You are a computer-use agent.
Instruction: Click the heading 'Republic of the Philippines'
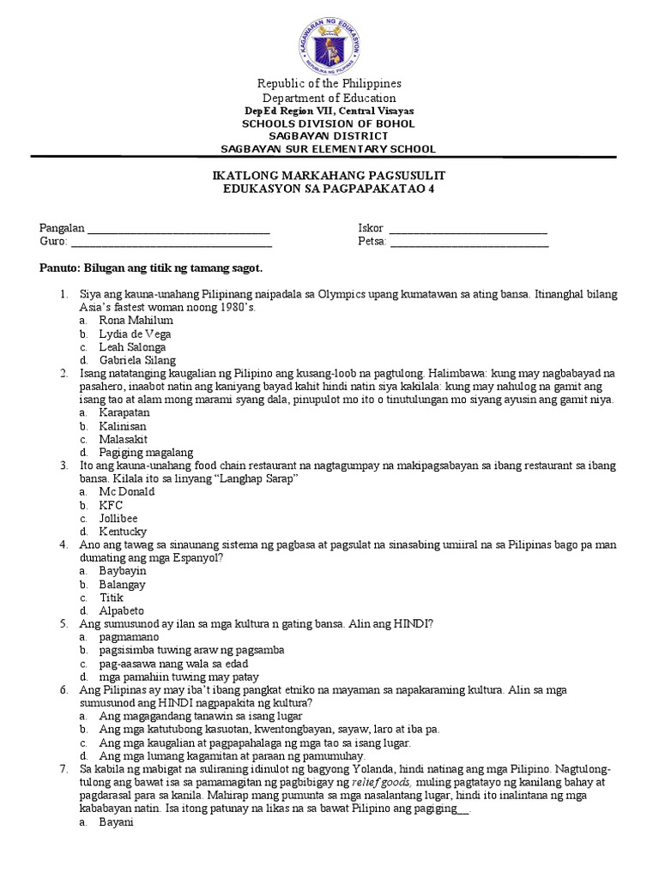tap(329, 83)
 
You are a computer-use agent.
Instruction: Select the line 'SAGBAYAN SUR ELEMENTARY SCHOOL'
tap(329, 148)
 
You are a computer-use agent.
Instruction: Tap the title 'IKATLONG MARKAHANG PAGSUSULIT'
tap(329, 175)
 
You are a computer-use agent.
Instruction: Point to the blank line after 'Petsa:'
tap(469, 243)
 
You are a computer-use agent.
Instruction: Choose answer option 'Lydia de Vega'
tap(135, 334)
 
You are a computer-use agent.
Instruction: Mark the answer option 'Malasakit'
tap(124, 439)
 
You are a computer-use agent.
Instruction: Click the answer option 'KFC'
tap(111, 505)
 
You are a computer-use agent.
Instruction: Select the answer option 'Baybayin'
tap(123, 570)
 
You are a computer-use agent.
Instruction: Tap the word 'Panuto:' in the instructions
tap(59, 268)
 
